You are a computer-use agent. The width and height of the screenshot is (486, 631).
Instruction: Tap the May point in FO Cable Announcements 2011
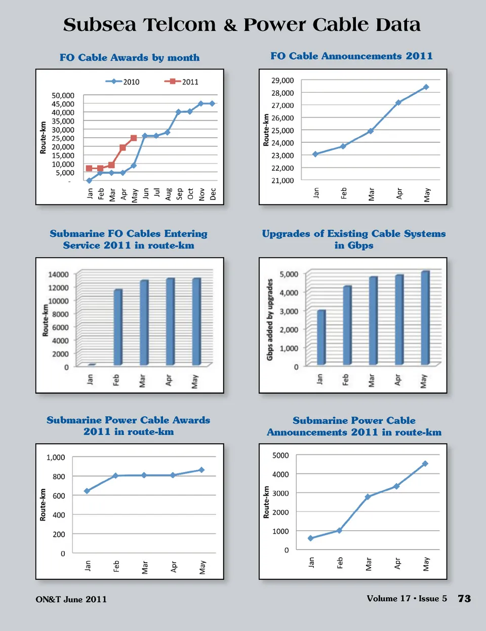click(426, 87)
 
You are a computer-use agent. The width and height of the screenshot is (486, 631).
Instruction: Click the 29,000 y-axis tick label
click(282, 80)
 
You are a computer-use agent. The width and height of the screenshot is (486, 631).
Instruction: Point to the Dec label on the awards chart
click(213, 194)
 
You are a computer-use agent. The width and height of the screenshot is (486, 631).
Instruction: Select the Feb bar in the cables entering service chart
click(118, 327)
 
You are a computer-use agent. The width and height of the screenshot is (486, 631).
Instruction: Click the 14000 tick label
click(58, 274)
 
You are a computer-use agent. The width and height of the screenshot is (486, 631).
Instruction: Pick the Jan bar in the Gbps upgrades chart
click(321, 337)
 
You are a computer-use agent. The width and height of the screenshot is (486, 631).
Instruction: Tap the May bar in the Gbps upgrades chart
click(425, 318)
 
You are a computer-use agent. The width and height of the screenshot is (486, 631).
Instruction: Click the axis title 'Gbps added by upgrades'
click(270, 320)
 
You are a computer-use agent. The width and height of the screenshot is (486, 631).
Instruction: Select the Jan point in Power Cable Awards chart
click(87, 491)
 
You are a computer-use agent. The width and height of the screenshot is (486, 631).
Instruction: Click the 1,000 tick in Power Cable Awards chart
click(56, 457)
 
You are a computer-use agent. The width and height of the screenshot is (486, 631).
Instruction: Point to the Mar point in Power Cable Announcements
click(368, 497)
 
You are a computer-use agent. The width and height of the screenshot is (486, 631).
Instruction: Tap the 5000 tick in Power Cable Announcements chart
click(280, 455)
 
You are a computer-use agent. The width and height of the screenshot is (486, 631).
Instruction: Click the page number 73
click(464, 599)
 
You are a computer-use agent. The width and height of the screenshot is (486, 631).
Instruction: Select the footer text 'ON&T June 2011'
click(71, 600)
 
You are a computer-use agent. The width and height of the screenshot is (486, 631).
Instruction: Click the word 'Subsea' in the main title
click(100, 25)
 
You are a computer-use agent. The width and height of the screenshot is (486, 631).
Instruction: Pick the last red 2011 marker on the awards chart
click(134, 138)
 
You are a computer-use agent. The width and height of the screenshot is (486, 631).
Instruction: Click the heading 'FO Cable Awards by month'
click(130, 58)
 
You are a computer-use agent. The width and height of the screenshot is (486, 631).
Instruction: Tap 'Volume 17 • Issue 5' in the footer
click(407, 599)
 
